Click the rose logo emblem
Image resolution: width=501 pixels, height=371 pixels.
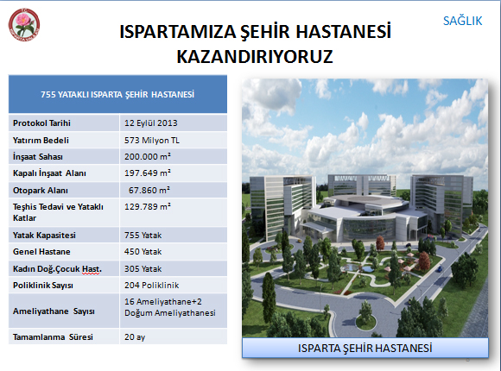(x=24, y=25)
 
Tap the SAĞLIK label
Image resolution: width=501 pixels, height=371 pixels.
(x=462, y=21)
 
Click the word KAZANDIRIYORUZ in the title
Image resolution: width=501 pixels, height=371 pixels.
(x=255, y=56)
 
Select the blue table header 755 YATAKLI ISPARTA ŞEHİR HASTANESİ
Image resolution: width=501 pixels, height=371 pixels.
(x=117, y=95)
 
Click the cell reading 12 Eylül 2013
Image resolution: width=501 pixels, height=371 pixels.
(x=151, y=123)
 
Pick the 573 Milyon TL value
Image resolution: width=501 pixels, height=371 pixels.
(x=152, y=140)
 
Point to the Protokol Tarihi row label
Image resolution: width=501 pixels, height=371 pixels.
(x=41, y=123)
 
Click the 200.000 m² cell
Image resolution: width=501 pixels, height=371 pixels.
(x=148, y=156)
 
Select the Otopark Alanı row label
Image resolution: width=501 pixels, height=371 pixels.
(x=41, y=191)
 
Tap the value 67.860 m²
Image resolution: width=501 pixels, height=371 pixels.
(x=149, y=191)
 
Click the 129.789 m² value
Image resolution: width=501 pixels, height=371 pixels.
(x=148, y=206)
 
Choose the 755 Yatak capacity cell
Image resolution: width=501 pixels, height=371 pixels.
(x=143, y=236)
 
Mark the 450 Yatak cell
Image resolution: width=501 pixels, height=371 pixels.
(x=143, y=252)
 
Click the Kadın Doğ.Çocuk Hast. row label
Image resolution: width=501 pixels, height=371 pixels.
(x=57, y=269)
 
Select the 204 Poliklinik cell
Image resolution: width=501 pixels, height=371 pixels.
(x=151, y=285)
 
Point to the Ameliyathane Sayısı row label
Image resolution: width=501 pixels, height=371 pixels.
(x=54, y=311)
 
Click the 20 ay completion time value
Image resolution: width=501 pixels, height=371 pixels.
(x=135, y=337)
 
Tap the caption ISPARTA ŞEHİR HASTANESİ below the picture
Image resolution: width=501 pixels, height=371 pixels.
(x=365, y=348)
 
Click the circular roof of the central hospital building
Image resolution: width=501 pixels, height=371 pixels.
(x=366, y=201)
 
